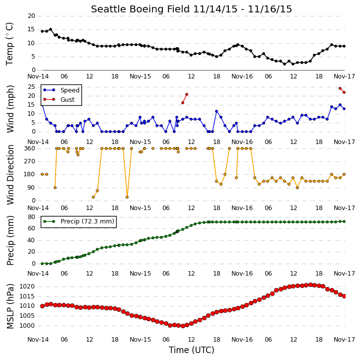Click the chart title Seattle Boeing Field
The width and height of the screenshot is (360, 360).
click(x=140, y=9)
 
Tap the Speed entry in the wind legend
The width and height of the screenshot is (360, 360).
click(x=70, y=90)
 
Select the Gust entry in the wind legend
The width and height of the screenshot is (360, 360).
click(x=68, y=99)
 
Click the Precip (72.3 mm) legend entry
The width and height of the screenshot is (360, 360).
click(x=87, y=221)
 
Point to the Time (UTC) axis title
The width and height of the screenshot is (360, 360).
click(x=192, y=350)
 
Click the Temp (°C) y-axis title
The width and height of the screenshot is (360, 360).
click(x=9, y=44)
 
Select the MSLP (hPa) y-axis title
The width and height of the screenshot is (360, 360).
click(x=10, y=306)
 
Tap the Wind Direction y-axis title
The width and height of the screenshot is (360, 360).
click(x=10, y=175)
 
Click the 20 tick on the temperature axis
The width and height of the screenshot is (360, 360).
click(x=31, y=16)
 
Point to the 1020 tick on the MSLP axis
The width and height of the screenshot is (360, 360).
click(x=27, y=287)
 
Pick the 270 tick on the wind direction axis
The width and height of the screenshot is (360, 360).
click(x=30, y=161)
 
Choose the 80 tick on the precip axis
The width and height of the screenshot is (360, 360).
click(x=31, y=217)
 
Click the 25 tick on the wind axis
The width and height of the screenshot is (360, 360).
click(x=31, y=87)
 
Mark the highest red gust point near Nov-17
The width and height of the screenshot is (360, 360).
click(x=340, y=88)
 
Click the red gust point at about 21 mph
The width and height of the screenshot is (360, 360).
click(x=187, y=94)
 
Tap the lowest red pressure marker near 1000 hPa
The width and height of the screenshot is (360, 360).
click(x=183, y=326)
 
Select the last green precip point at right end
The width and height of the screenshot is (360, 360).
click(x=344, y=221)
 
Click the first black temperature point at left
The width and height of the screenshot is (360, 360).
click(x=42, y=31)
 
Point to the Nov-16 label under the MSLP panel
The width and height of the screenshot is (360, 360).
click(x=242, y=340)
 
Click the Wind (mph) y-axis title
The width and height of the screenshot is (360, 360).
click(x=10, y=109)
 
